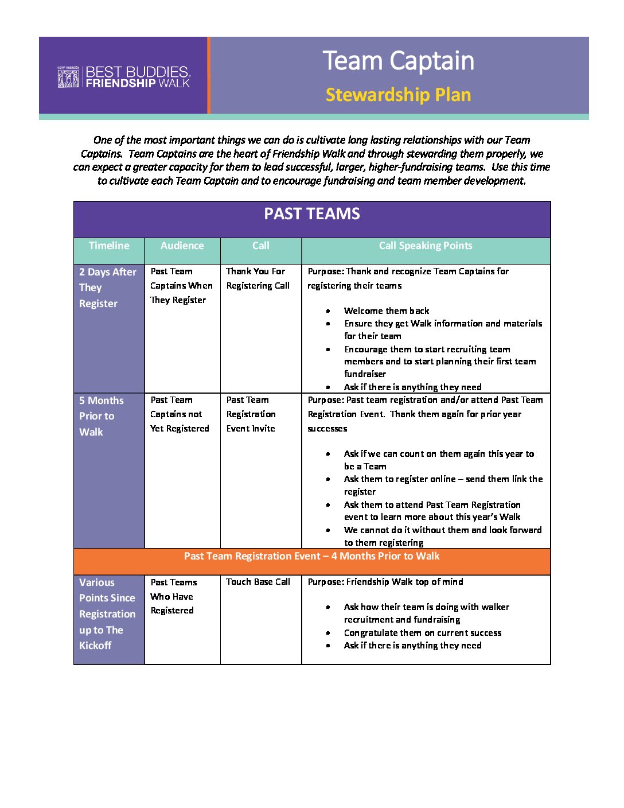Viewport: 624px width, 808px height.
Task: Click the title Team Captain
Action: coord(398,61)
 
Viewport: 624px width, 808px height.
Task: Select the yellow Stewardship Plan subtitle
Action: coord(398,95)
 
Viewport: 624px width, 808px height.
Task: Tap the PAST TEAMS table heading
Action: coord(312,214)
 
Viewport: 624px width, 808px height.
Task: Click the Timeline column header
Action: coord(109,246)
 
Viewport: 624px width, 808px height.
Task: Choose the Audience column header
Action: coord(182,246)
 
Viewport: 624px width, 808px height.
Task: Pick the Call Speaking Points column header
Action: coord(426,246)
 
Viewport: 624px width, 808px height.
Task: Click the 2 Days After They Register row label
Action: coord(108,288)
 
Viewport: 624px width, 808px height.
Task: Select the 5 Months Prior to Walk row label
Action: coord(102,416)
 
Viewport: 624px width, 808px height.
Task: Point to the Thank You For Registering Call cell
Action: coord(258,278)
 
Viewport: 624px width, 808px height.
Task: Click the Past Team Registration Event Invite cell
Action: coord(251,414)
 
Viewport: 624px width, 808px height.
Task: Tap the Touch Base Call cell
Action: coord(258,582)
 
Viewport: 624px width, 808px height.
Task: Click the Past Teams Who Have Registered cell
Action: coord(173,596)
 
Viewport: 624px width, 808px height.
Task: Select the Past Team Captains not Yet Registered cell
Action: coord(180,414)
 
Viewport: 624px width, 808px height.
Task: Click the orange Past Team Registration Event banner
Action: coord(312,556)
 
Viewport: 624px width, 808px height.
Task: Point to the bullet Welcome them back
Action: coord(387,311)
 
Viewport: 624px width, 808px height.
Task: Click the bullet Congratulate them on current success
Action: coord(423,633)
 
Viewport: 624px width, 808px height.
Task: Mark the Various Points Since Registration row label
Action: coord(107,614)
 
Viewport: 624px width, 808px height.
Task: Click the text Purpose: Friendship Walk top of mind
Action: coord(385,582)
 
